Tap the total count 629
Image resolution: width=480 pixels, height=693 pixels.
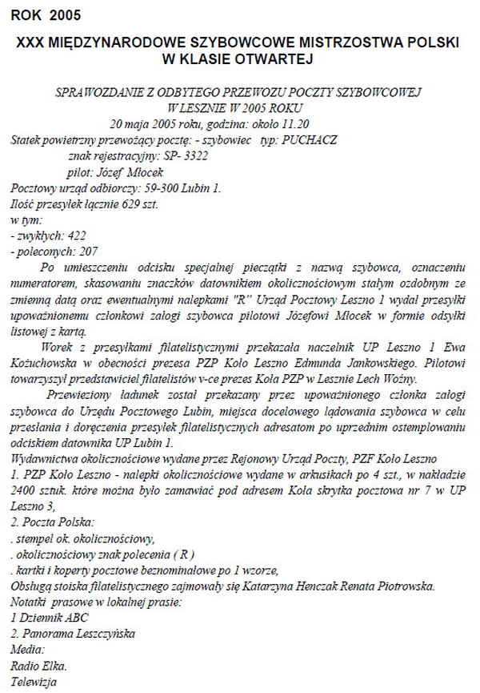point(125,204)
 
